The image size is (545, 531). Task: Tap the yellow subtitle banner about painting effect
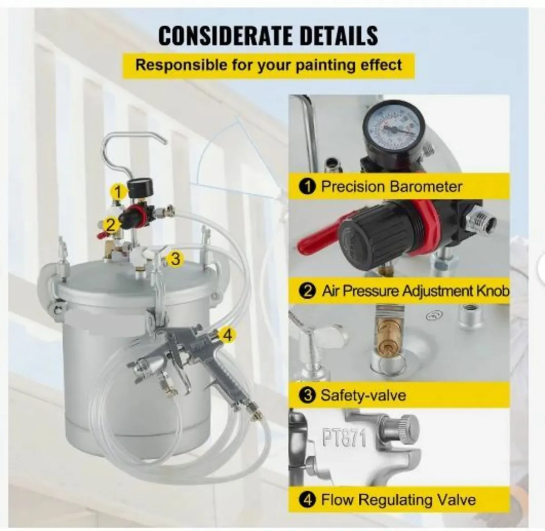[268, 65]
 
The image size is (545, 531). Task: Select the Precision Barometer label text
[391, 187]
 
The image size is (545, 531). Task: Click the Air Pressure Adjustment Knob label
[415, 291]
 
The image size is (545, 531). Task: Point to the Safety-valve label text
[363, 395]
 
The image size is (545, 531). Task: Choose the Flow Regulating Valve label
[398, 500]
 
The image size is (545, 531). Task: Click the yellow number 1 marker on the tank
[118, 192]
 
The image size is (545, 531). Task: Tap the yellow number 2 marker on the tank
[109, 224]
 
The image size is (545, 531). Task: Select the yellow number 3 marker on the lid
[175, 259]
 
